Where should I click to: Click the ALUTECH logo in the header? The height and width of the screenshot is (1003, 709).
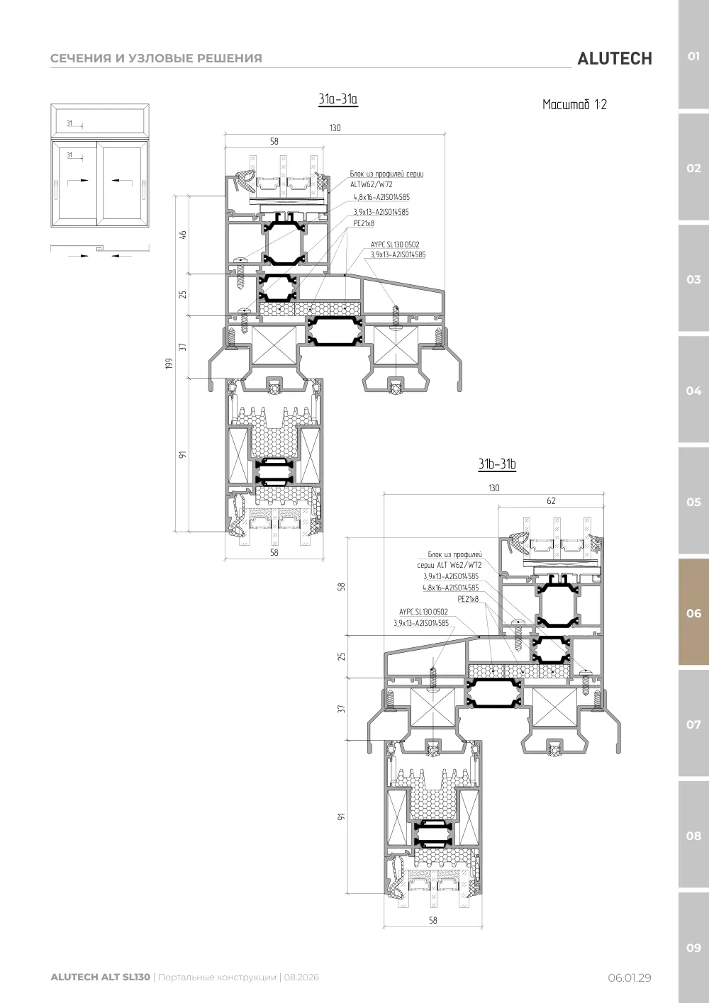[x=615, y=59]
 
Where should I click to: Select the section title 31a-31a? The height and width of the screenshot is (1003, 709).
[x=337, y=99]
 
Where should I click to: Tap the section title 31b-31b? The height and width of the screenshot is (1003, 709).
[x=497, y=464]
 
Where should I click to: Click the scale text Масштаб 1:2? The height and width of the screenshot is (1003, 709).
[x=574, y=105]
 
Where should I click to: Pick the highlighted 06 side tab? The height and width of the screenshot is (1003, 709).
[x=693, y=613]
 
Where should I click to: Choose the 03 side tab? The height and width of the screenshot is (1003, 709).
[x=693, y=279]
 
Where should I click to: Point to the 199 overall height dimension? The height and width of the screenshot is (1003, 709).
[x=169, y=363]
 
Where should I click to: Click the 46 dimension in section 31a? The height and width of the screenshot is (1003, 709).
[x=183, y=235]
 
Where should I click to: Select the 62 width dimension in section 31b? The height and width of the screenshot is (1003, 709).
[x=551, y=500]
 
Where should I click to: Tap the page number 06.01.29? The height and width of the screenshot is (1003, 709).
[x=630, y=977]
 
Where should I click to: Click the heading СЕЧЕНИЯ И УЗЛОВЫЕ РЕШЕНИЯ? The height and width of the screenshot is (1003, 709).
[x=156, y=58]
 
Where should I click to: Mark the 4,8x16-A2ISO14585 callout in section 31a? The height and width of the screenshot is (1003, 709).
[x=381, y=197]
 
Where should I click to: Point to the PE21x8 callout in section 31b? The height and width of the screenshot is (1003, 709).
[x=468, y=599]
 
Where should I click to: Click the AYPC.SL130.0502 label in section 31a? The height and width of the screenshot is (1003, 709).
[x=395, y=245]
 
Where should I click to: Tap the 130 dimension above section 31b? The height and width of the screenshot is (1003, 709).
[x=493, y=488]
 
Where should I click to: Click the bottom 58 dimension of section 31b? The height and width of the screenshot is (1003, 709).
[x=432, y=920]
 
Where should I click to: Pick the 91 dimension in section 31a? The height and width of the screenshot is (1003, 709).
[x=183, y=454]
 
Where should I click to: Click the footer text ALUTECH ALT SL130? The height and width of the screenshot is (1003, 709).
[x=101, y=977]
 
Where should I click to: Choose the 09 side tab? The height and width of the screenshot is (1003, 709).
[x=693, y=947]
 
